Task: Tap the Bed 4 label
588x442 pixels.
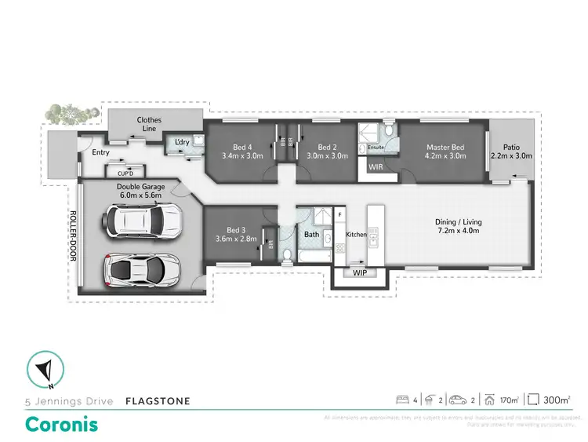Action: (242, 147)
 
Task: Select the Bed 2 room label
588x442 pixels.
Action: (327, 147)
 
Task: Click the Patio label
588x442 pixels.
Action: (511, 147)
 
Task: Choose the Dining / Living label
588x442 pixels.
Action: (457, 222)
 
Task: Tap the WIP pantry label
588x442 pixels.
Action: (360, 273)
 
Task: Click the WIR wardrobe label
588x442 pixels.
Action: (376, 166)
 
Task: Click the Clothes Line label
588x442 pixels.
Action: (149, 124)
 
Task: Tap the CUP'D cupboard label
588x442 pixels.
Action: (125, 173)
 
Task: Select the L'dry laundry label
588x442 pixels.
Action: (183, 142)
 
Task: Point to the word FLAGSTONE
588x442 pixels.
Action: (158, 401)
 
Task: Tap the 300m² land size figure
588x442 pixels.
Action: (558, 400)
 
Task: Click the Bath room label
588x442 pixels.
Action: (310, 235)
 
